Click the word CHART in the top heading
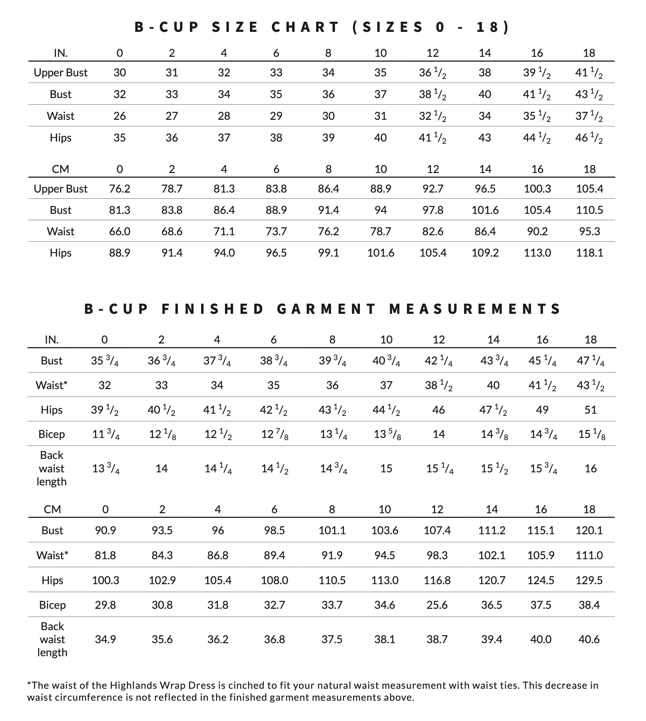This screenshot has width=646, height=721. pyautogui.click(x=306, y=27)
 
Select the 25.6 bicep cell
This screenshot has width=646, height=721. pyautogui.click(x=437, y=605)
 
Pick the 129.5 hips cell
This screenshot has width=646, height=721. pyautogui.click(x=589, y=580)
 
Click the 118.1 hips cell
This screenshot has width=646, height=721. pyautogui.click(x=590, y=253)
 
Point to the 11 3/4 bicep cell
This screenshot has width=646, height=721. pyautogui.click(x=106, y=434)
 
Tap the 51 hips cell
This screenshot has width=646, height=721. pyautogui.click(x=590, y=410)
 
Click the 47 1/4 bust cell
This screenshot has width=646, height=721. pyautogui.click(x=590, y=361)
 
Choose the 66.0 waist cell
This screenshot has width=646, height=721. pyautogui.click(x=120, y=231)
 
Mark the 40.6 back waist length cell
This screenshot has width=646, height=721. pyautogui.click(x=589, y=639)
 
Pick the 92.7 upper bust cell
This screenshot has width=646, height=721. pyautogui.click(x=433, y=189)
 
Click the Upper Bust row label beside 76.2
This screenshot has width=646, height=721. pyautogui.click(x=60, y=189)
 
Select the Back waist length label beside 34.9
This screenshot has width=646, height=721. pyautogui.click(x=52, y=639)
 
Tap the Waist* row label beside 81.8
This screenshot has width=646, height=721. pyautogui.click(x=52, y=555)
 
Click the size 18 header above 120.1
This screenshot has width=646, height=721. pyautogui.click(x=589, y=509)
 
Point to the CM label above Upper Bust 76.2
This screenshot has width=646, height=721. pyautogui.click(x=60, y=169)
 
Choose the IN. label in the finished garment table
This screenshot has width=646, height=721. pyautogui.click(x=52, y=340)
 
